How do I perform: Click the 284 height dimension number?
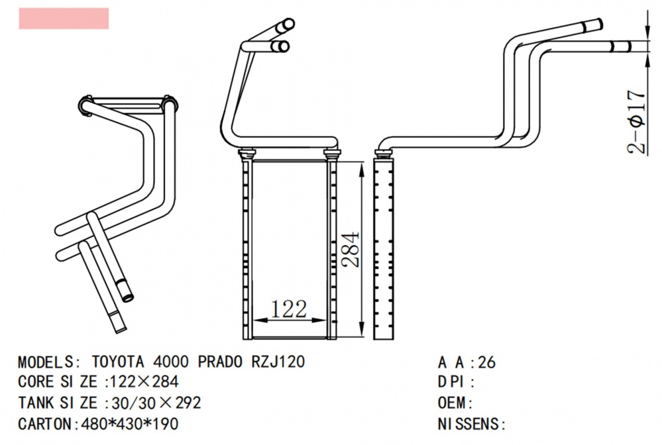coord(351,248)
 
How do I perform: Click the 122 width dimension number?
coord(289,308)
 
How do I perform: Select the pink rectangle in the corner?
coord(64,18)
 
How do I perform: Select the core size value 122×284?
coord(142,383)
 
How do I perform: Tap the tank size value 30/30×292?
coord(154,403)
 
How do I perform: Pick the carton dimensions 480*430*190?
coord(129,424)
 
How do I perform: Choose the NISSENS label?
coord(469,424)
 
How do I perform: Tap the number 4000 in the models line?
coord(171,363)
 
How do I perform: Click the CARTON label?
coord(45,424)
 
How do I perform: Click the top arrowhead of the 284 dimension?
coord(360,168)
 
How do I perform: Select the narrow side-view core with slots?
coord(384,248)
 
